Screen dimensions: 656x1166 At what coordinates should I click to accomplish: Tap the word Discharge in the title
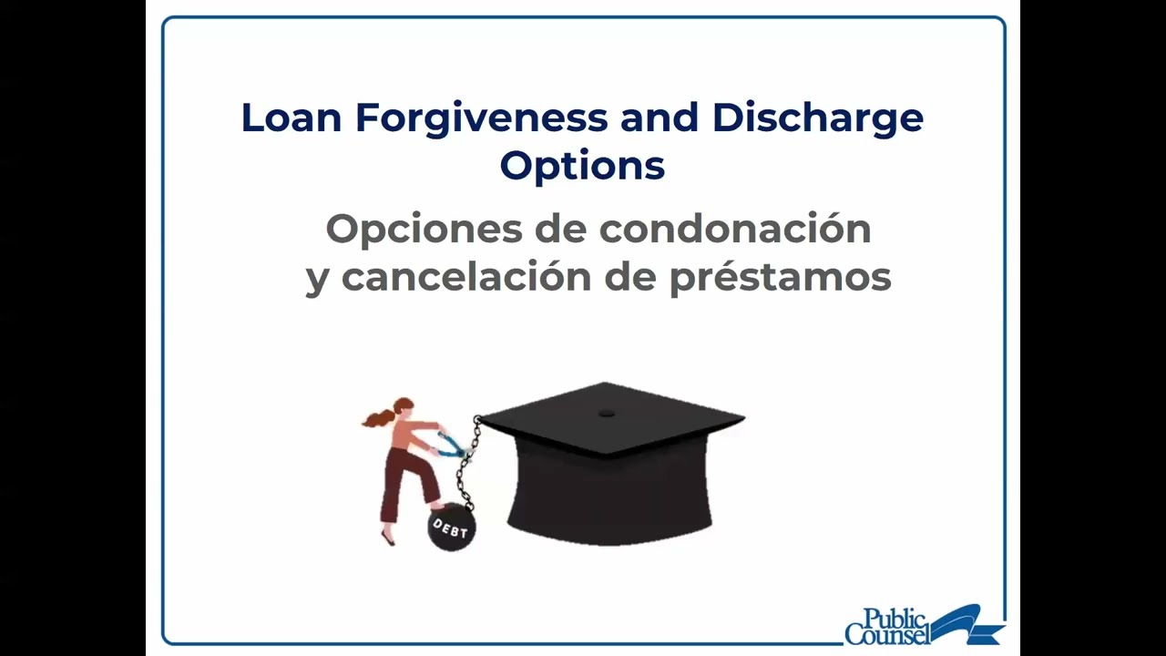click(817, 118)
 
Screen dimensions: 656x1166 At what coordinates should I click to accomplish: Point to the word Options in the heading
click(582, 166)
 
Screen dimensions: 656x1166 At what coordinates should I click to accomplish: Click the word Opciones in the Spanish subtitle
click(424, 230)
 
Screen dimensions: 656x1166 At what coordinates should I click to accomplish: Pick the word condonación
click(735, 230)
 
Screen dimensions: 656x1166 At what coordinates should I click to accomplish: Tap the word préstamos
click(780, 277)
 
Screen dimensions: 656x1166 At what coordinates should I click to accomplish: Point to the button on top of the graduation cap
click(607, 413)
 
